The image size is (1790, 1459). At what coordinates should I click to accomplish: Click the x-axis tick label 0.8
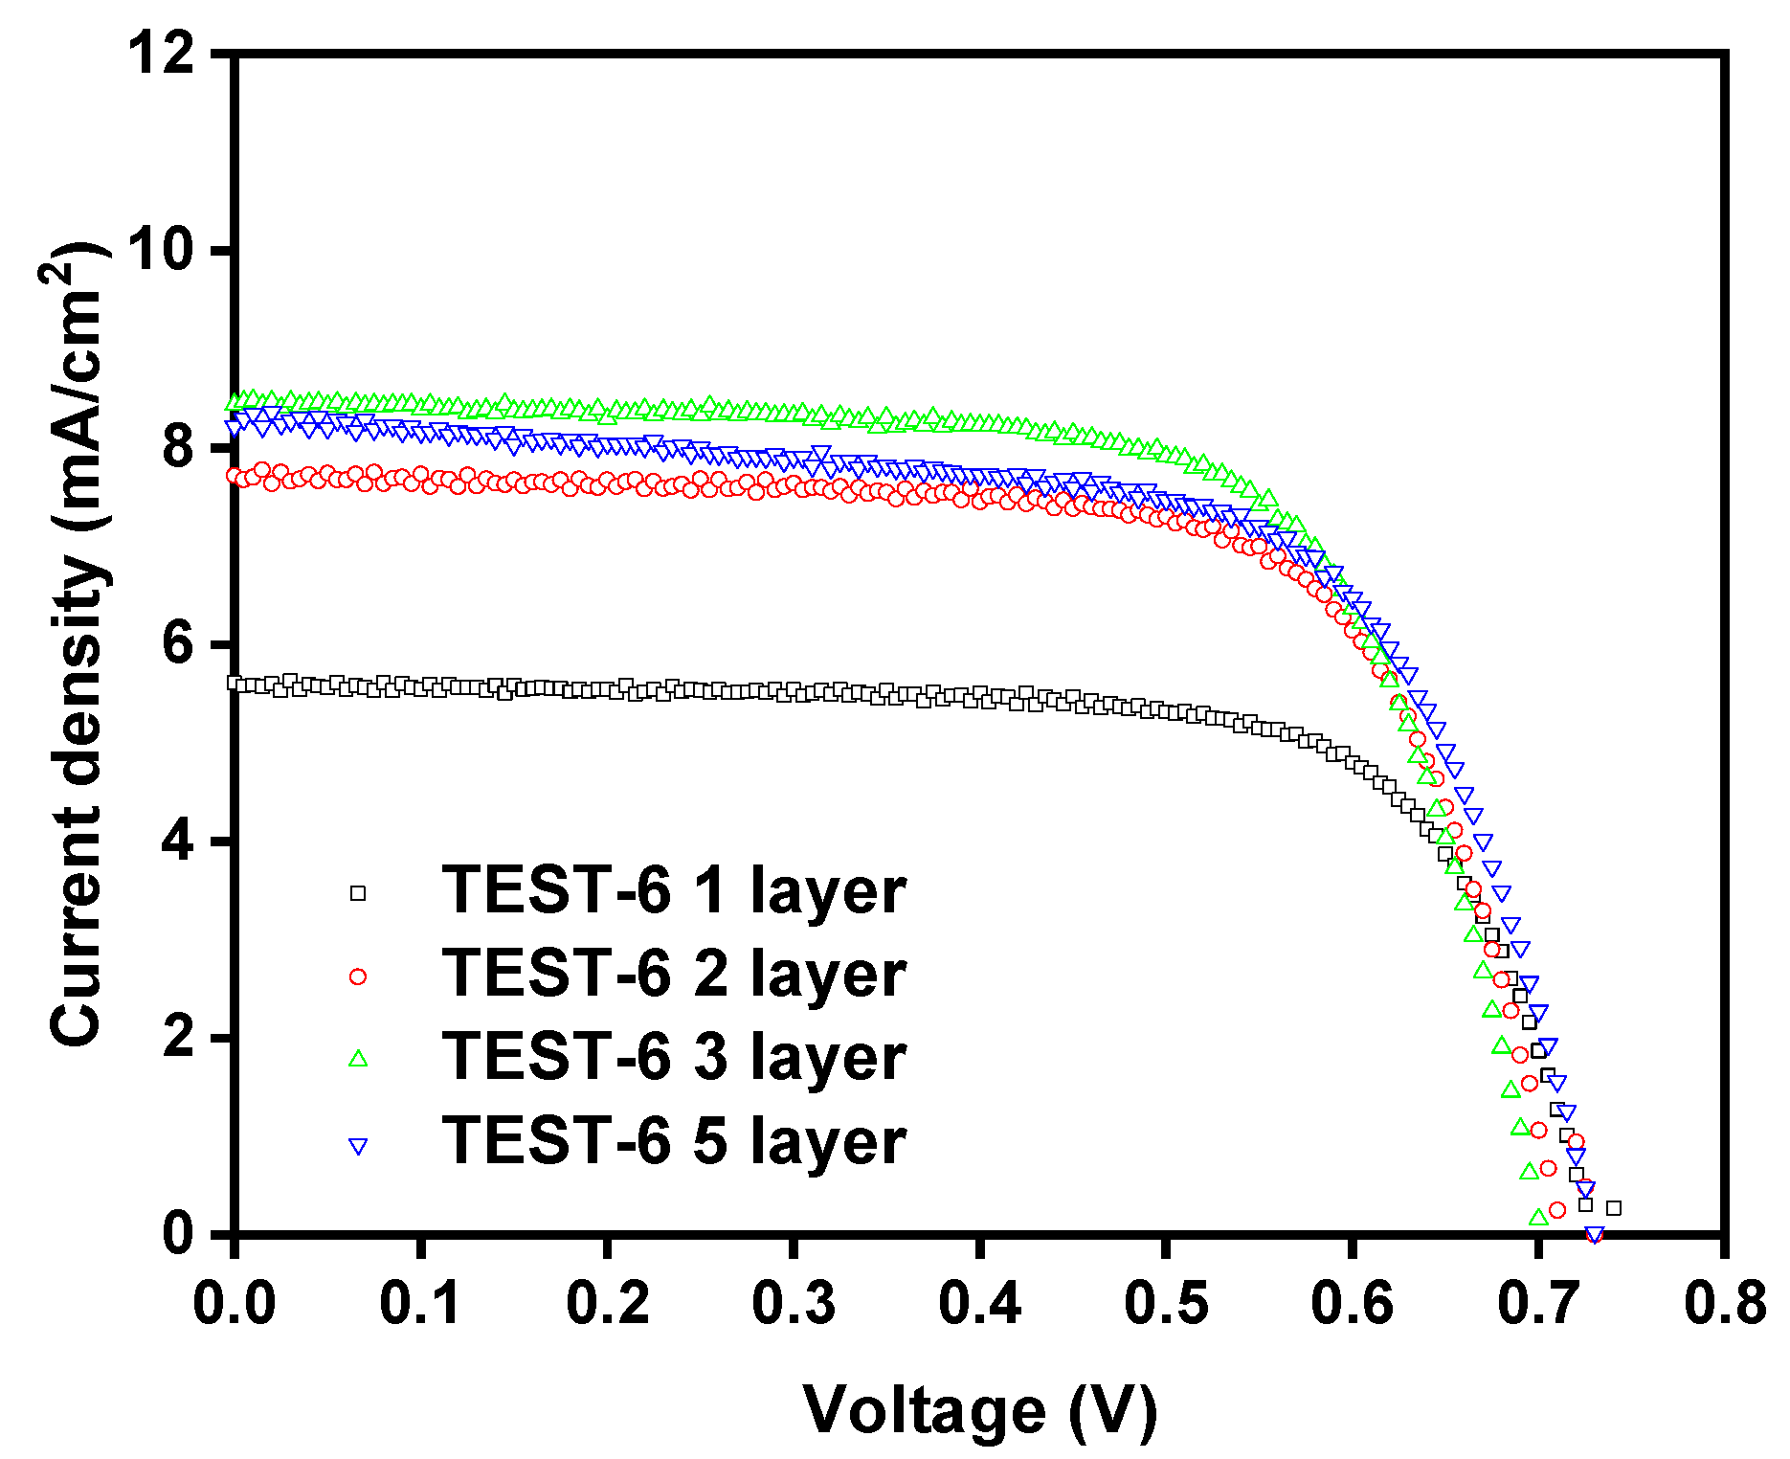(x=1724, y=1302)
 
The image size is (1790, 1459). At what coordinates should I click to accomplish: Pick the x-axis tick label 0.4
(x=979, y=1302)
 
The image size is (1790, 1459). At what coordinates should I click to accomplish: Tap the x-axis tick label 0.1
(x=420, y=1302)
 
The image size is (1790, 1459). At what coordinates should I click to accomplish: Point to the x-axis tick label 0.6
(x=1351, y=1302)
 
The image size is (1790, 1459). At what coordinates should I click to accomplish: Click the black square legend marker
(x=358, y=893)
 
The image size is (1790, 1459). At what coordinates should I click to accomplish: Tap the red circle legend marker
(x=358, y=976)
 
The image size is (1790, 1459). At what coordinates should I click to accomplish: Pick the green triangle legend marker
(x=358, y=1059)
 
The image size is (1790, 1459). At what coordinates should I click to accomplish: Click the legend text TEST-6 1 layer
(x=673, y=890)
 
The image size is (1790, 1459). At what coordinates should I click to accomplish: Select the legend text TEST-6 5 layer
(x=673, y=1141)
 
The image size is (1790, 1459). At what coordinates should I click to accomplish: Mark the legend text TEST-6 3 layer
(x=673, y=1057)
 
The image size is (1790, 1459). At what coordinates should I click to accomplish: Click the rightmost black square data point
(x=1614, y=1208)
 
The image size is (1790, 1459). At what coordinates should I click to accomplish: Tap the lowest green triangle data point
(x=1538, y=1218)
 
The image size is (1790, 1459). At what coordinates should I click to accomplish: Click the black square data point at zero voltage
(x=235, y=683)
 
